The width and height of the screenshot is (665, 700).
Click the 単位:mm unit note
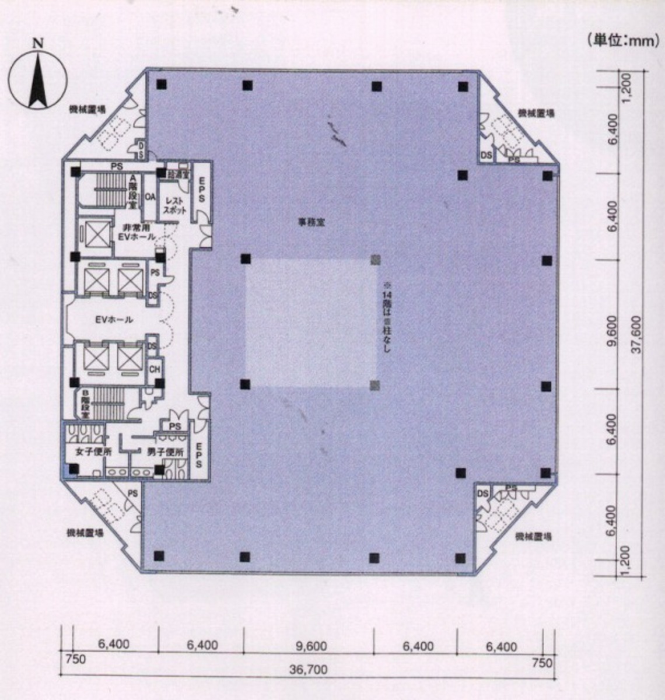tap(622, 40)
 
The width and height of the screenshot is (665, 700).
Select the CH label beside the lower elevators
tap(155, 369)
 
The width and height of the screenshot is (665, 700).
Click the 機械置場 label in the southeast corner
tap(533, 537)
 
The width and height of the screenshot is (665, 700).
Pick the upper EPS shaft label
tap(201, 190)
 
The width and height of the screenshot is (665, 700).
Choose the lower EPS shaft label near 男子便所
tap(198, 455)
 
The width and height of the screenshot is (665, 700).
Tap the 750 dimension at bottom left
tap(75, 660)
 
